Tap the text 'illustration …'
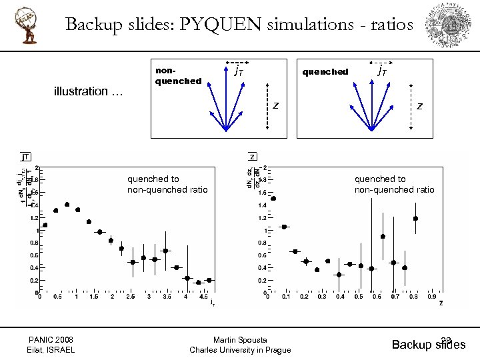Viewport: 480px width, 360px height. (88, 91)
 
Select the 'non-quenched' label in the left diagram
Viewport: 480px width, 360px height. (178, 75)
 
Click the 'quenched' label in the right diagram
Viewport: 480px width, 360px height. (325, 72)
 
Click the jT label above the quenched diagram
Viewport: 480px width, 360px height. (383, 69)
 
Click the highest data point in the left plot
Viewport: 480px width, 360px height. (67, 205)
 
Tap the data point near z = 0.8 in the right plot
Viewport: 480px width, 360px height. (415, 218)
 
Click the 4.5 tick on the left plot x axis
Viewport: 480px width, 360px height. (203, 297)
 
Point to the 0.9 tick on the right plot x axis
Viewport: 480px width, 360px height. (432, 297)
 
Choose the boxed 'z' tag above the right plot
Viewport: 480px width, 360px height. (253, 157)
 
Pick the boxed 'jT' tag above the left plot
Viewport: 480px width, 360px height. (25, 157)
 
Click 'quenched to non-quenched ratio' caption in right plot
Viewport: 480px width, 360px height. (394, 184)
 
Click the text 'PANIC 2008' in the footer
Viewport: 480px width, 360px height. (51, 339)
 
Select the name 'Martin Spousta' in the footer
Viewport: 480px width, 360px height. (240, 339)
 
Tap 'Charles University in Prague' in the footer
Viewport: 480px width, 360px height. (240, 350)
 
